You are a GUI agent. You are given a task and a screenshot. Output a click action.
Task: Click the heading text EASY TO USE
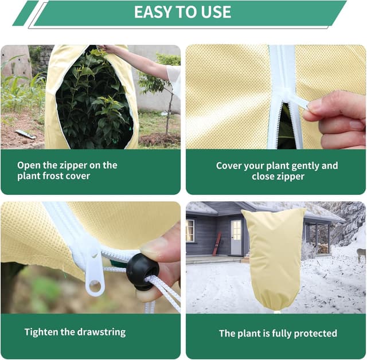pyautogui.click(x=182, y=13)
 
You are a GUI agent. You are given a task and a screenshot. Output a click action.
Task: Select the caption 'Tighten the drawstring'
pyautogui.click(x=75, y=332)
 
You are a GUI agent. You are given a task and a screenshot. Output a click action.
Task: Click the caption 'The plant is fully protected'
pyautogui.click(x=278, y=333)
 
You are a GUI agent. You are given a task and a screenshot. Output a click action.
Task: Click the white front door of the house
pyautogui.click(x=236, y=237)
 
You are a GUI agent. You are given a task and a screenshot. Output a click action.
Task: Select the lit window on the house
pyautogui.click(x=190, y=230)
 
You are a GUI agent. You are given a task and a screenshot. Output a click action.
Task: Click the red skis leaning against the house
pyautogui.click(x=217, y=244)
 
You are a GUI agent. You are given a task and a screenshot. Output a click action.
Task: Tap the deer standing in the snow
pyautogui.click(x=361, y=254)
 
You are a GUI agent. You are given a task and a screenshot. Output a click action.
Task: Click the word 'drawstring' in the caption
pyautogui.click(x=97, y=332)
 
